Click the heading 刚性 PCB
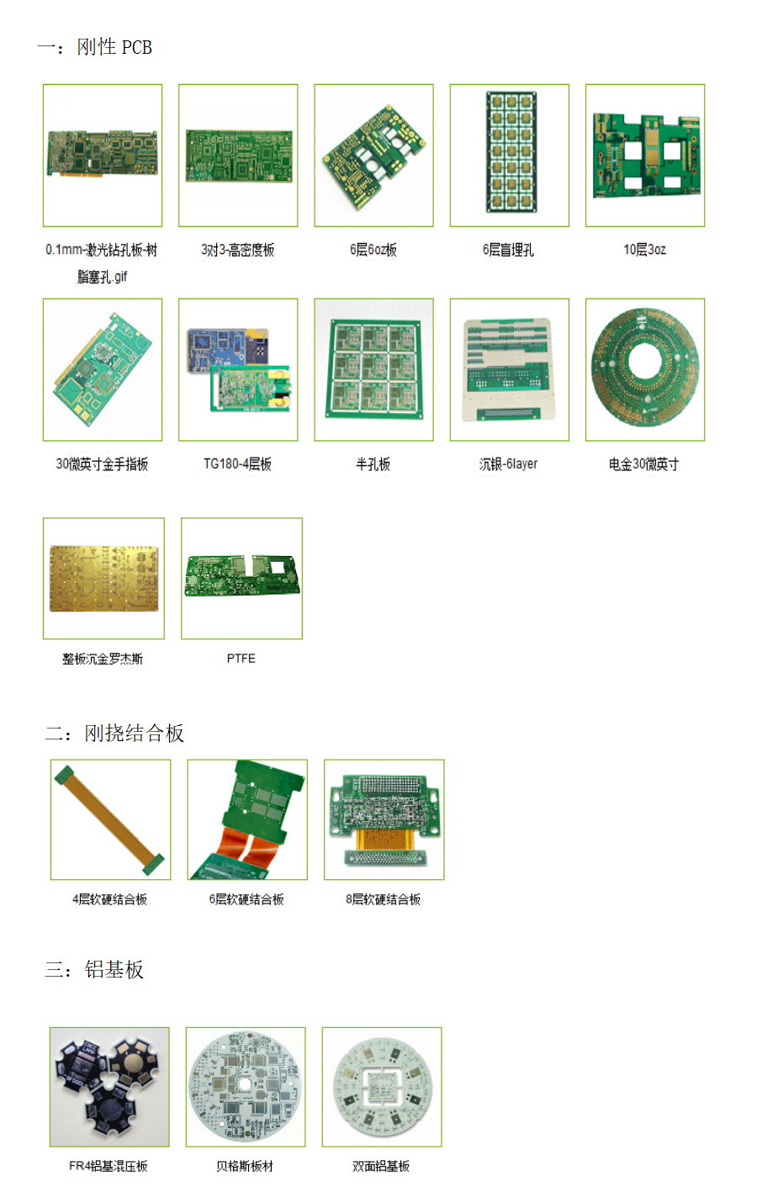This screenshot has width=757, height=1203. pos(114,47)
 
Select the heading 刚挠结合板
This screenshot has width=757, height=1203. pos(134,733)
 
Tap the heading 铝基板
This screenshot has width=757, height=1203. pos(114,969)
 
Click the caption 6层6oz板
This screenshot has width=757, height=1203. pos(373,250)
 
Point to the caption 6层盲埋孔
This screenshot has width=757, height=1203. pos(508,250)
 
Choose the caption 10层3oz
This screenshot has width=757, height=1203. pos(645,250)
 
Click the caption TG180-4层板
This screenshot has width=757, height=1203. pos(237,464)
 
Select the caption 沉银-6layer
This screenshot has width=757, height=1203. pos(508,464)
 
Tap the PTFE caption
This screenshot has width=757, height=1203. pos(241,659)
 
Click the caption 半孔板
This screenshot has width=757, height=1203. pos(373,464)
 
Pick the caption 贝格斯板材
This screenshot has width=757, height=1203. pos(245,1166)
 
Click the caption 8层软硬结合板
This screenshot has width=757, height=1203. pos(383,899)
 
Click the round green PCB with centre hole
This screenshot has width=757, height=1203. pos(645,368)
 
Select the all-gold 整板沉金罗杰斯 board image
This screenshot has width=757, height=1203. pos(104,579)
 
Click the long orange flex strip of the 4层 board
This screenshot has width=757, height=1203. pos(110,819)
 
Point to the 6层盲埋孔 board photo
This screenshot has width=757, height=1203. pos(511,152)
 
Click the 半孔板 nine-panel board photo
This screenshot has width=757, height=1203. pos(374,369)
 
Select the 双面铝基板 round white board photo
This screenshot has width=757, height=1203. pos(382,1086)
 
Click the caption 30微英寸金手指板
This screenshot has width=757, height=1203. pos(102,464)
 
